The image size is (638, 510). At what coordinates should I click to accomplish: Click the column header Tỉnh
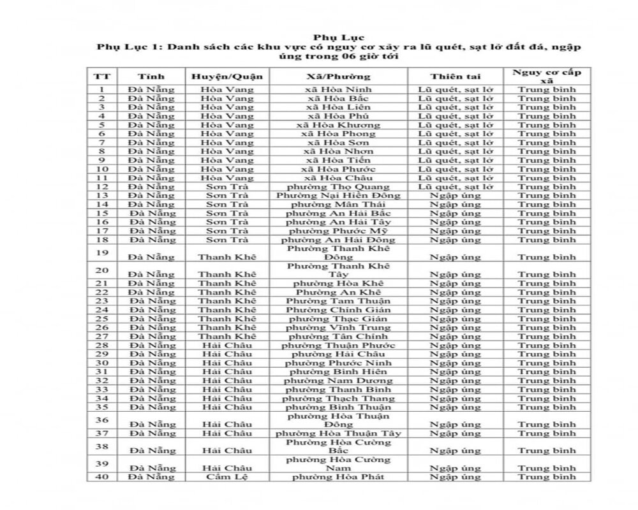pyautogui.click(x=151, y=76)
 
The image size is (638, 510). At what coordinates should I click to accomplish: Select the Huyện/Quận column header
pyautogui.click(x=226, y=76)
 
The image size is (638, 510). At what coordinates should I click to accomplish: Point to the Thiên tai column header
pyautogui.click(x=455, y=76)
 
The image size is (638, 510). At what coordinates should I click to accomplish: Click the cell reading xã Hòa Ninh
pyautogui.click(x=338, y=89)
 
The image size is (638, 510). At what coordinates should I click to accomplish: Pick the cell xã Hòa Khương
pyautogui.click(x=338, y=125)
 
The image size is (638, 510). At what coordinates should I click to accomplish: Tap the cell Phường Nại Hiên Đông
pyautogui.click(x=338, y=196)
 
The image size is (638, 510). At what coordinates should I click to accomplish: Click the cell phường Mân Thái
pyautogui.click(x=338, y=205)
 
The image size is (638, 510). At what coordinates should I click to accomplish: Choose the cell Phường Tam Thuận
pyautogui.click(x=338, y=301)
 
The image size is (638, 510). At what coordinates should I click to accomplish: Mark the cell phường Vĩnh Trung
pyautogui.click(x=338, y=328)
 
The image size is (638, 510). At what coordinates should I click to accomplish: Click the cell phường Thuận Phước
pyautogui.click(x=338, y=345)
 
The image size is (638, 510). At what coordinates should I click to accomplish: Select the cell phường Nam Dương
pyautogui.click(x=338, y=381)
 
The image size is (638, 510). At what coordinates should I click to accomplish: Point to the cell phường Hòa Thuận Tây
pyautogui.click(x=338, y=433)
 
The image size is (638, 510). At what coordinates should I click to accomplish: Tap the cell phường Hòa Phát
pyautogui.click(x=338, y=477)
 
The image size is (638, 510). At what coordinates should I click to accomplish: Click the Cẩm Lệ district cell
pyautogui.click(x=226, y=477)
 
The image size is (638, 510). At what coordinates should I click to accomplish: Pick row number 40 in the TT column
pyautogui.click(x=101, y=477)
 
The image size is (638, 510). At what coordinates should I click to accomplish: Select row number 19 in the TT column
pyautogui.click(x=101, y=252)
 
